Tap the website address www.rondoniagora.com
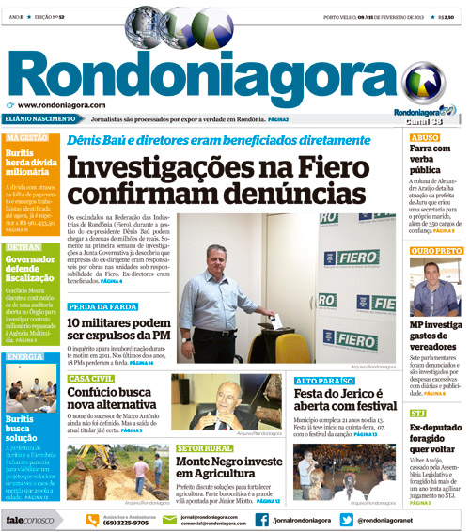(60, 105)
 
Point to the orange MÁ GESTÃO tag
(28, 137)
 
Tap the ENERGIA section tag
(25, 357)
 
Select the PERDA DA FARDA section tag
(99, 307)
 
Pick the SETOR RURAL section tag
(204, 448)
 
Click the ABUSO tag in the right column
(425, 137)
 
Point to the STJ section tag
(418, 413)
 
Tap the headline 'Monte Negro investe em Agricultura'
(230, 469)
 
